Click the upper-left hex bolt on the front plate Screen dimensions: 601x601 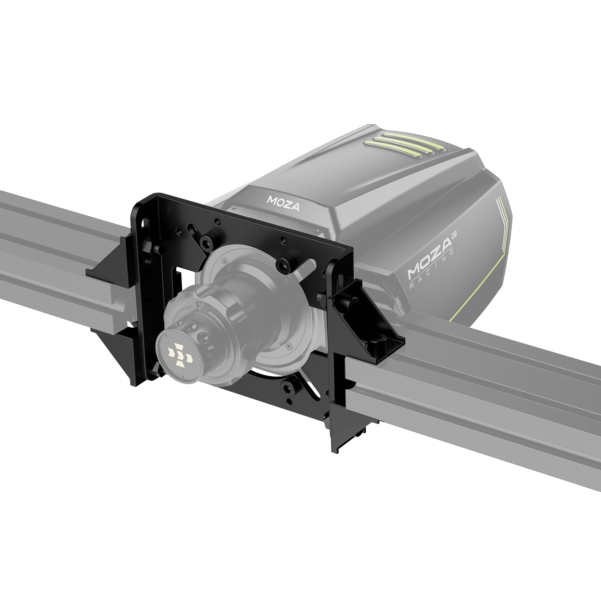206,240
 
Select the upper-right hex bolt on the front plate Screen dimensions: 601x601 284,264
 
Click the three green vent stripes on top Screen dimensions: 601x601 405,144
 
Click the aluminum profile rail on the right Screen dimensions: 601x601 481,393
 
